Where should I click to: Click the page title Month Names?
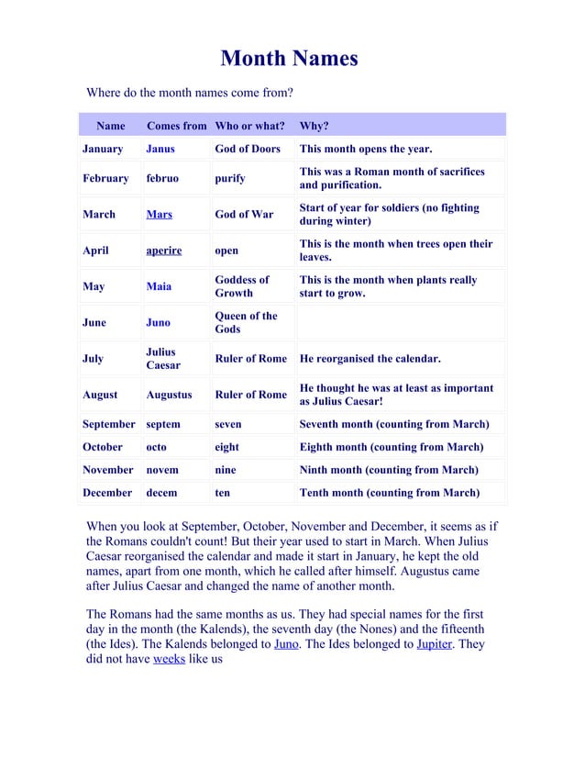click(289, 60)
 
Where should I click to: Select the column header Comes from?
click(176, 126)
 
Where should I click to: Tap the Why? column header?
click(314, 126)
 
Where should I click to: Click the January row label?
click(103, 149)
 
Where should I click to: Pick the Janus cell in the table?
click(160, 149)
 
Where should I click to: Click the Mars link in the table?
click(159, 215)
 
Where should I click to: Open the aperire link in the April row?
click(164, 251)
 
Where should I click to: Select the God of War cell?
click(244, 215)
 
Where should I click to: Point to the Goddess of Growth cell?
click(242, 286)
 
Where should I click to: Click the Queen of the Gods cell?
click(246, 322)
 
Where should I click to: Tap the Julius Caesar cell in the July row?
click(161, 359)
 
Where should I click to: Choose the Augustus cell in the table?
click(169, 395)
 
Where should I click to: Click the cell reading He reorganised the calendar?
click(370, 359)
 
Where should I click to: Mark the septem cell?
click(163, 425)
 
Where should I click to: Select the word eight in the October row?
click(226, 448)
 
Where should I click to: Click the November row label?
click(108, 470)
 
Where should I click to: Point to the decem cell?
click(161, 493)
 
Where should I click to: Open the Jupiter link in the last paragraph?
click(434, 644)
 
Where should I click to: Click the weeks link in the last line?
click(169, 660)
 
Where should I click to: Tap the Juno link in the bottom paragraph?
click(285, 644)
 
